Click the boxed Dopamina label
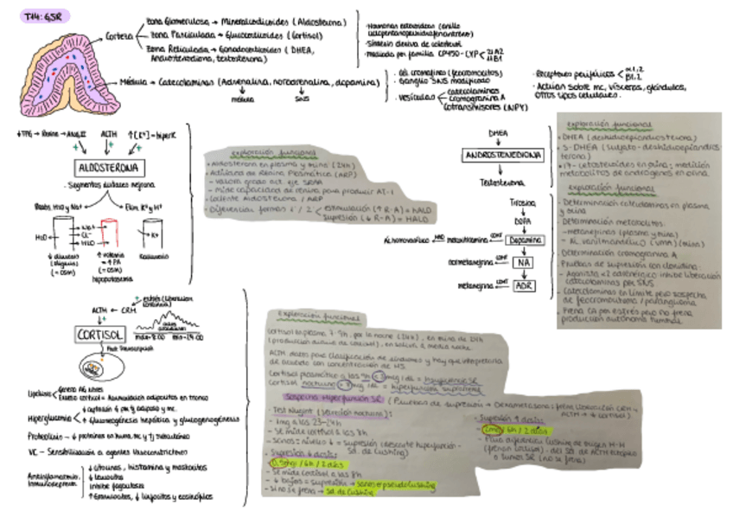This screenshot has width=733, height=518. [526, 240]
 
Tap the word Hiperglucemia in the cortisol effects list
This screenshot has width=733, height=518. [48, 419]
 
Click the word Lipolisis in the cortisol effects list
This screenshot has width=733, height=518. [38, 394]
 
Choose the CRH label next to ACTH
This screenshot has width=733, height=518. [130, 309]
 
